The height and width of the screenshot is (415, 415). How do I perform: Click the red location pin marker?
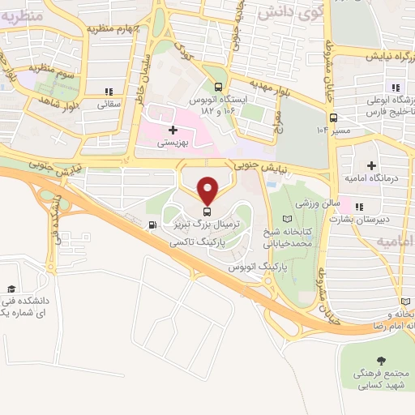coord(208,190)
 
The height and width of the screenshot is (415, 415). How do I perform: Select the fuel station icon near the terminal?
coord(152,223)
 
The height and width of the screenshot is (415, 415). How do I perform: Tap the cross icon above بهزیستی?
coord(172,129)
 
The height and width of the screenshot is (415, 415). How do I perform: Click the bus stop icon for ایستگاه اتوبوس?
coord(217,87)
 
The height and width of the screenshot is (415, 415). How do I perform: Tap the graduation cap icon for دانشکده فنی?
coord(11,289)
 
